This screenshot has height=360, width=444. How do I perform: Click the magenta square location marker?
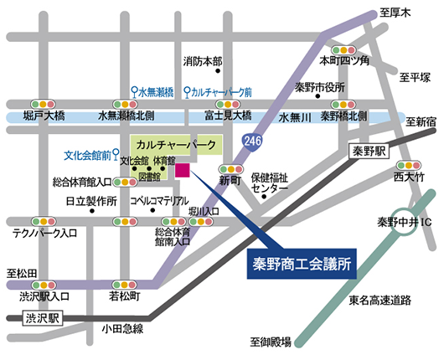click(183, 171)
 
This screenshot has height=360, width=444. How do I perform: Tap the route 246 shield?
click(251, 141)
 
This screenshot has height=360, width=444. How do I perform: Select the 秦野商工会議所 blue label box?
click(302, 264)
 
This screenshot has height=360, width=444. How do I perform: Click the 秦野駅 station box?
click(369, 152)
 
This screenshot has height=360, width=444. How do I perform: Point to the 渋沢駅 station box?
click(43, 318)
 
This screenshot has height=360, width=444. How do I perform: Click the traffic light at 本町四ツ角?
click(343, 50)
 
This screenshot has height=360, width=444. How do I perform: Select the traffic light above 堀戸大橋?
click(43, 104)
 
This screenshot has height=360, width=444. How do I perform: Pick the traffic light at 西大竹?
click(409, 165)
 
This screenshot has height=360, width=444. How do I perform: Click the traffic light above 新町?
click(231, 169)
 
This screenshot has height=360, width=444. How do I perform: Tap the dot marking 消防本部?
click(218, 71)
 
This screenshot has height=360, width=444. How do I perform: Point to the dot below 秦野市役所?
click(318, 96)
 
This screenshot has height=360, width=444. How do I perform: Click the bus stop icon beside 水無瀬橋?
click(135, 92)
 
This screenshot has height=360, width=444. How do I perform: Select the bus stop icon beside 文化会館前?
click(116, 155)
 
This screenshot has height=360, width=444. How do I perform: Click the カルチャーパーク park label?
click(176, 145)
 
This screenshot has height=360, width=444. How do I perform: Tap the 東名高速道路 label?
click(380, 301)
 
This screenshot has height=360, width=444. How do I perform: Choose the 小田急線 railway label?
click(122, 329)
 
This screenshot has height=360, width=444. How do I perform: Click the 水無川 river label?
click(295, 117)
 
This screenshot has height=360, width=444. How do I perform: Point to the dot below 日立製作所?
click(92, 211)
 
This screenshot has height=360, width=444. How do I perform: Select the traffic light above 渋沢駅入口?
click(44, 285)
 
